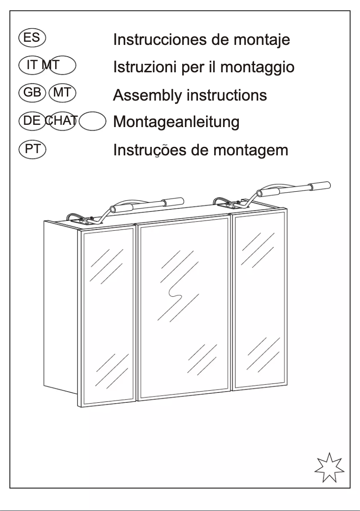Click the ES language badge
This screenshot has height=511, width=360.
click(x=32, y=37)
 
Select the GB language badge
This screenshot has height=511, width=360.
click(x=32, y=93)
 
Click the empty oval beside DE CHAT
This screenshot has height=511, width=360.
click(x=92, y=121)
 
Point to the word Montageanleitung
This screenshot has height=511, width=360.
click(x=176, y=122)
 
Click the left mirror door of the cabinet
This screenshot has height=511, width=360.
click(x=108, y=317)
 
